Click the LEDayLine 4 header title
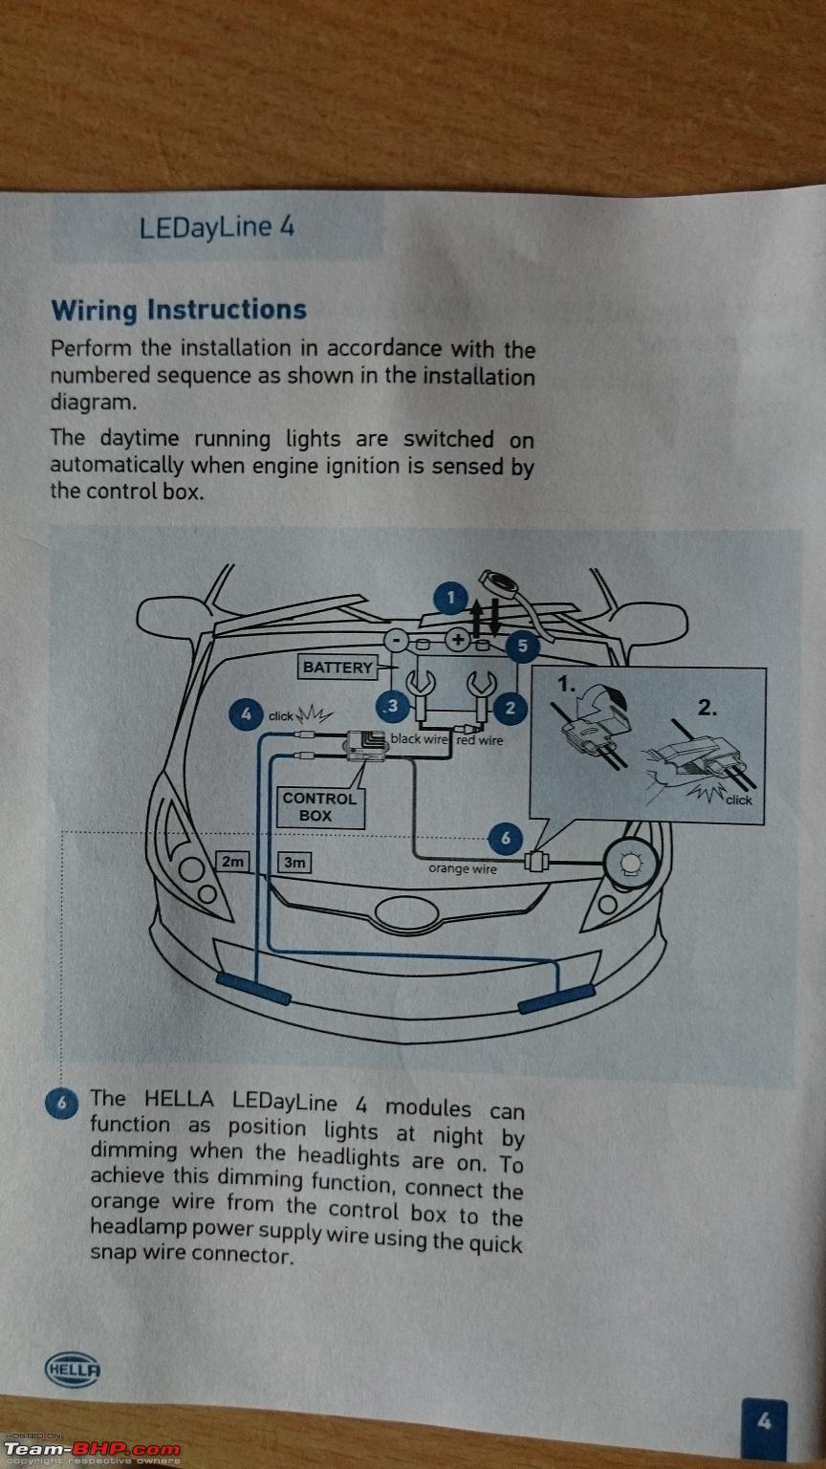216,228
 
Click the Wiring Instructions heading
179,310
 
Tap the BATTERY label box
337,668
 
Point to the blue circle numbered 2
510,708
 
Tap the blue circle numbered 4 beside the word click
246,714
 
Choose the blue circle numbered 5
522,647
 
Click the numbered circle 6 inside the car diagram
506,840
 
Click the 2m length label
232,862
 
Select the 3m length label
294,862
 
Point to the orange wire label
463,869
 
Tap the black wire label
419,739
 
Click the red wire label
479,739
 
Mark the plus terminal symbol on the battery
458,638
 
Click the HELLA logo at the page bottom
72,1369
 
